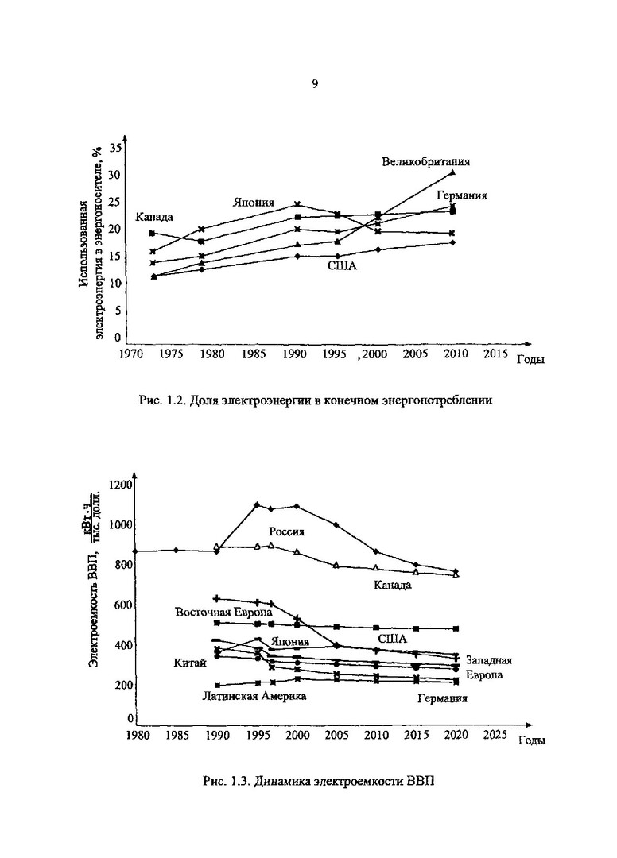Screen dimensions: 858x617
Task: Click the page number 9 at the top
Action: point(315,84)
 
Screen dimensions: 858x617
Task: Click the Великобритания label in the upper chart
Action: point(425,161)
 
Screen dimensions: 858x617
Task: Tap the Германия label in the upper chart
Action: point(461,195)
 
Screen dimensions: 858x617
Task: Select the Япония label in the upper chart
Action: point(254,202)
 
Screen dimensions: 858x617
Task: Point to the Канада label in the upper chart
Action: point(154,216)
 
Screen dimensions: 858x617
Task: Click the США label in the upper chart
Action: point(342,266)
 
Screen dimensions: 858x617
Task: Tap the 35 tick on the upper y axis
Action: point(116,149)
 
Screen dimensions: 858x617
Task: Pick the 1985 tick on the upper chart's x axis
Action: point(254,354)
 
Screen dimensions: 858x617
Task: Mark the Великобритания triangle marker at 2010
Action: point(452,172)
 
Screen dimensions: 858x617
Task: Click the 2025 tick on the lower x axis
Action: point(495,735)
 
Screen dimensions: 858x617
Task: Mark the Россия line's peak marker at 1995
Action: point(257,504)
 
